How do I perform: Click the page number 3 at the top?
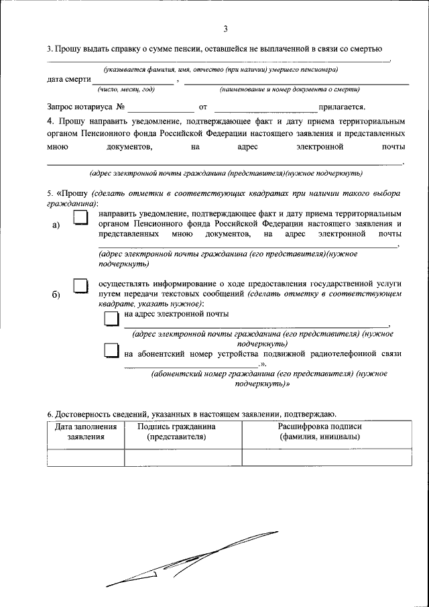pos(226,28)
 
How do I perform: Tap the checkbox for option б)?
pos(80,286)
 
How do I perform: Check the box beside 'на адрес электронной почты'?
pos(111,317)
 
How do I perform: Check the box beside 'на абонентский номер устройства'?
pos(111,351)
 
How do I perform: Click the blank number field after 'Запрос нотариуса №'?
pos(160,106)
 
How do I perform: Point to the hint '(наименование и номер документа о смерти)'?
pos(289,89)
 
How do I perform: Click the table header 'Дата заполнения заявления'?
pos(86,431)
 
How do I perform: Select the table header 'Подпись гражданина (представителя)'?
pos(176,431)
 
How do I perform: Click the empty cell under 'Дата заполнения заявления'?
pos(86,457)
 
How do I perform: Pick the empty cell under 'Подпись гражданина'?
pos(183,457)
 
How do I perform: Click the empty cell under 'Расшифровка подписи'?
pos(325,457)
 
